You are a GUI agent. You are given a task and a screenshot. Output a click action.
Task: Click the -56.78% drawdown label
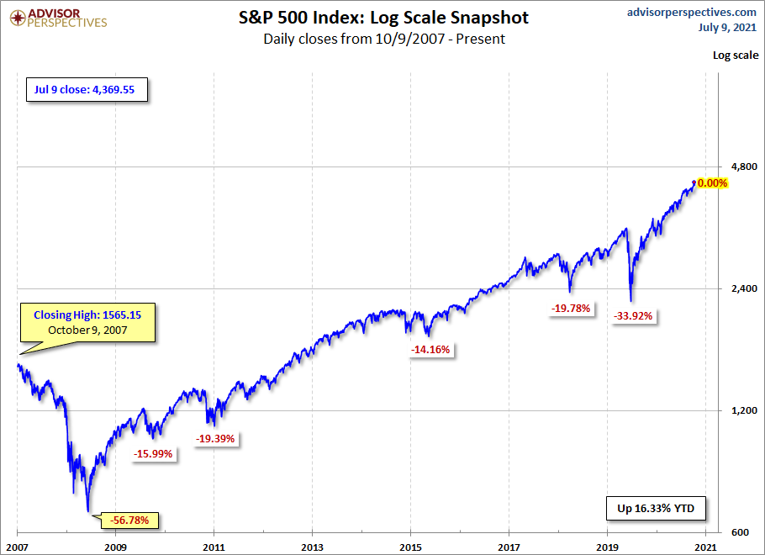128,521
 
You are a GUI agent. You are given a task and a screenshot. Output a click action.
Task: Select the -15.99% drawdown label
153,454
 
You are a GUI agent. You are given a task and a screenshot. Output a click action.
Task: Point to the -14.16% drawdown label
431,350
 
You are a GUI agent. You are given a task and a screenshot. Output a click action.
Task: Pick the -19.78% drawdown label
572,309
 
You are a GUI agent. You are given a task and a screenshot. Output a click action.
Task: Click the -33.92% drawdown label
633,316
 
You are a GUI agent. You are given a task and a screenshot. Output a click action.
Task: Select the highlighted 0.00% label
712,183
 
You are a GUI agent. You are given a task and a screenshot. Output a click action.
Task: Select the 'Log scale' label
734,55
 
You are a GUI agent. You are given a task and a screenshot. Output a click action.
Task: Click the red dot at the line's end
694,182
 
